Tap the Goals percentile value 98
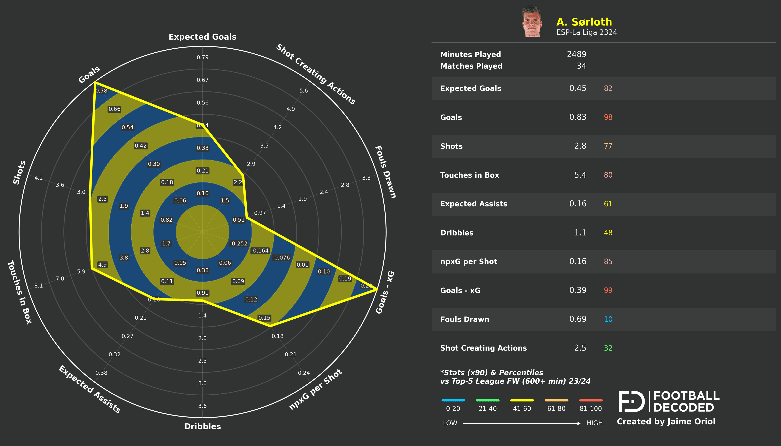click(x=608, y=117)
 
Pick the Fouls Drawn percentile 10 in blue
click(x=608, y=319)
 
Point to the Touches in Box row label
click(x=470, y=175)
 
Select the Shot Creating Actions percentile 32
click(x=608, y=348)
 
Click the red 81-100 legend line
click(x=591, y=400)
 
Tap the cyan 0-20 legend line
click(x=453, y=400)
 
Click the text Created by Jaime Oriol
click(x=666, y=422)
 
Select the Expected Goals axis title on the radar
click(x=202, y=37)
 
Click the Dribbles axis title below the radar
click(x=202, y=426)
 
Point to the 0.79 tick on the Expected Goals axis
click(x=202, y=57)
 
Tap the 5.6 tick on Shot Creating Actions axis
click(x=303, y=91)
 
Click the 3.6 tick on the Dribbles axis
click(x=202, y=406)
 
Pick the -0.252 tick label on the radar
click(x=238, y=244)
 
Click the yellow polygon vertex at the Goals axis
click(x=95, y=82)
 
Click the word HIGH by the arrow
click(x=594, y=423)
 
